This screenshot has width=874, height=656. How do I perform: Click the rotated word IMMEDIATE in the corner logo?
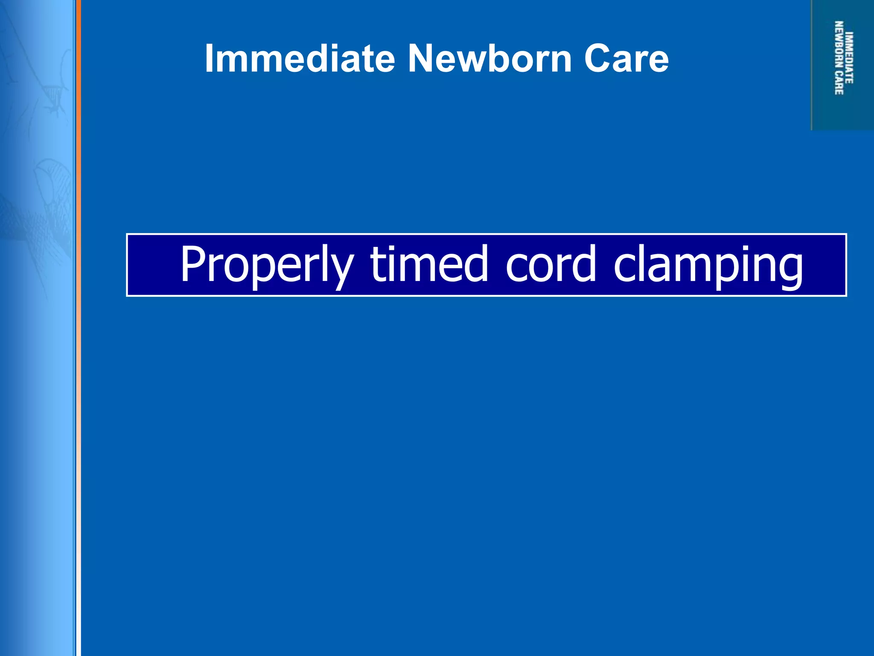click(850, 58)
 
